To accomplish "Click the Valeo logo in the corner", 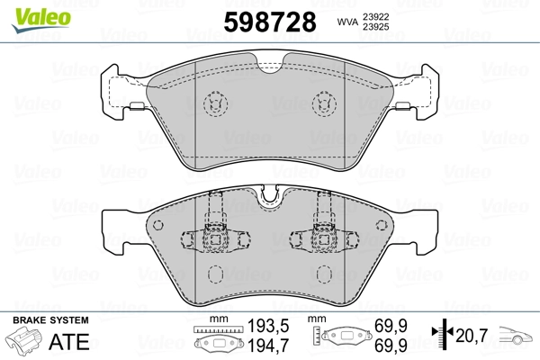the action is [x=41, y=20].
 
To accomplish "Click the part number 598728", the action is [x=270, y=22].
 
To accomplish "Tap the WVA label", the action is [x=347, y=22].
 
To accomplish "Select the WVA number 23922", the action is [x=375, y=16].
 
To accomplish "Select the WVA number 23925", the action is [x=375, y=27].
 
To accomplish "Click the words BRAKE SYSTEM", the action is [x=50, y=320].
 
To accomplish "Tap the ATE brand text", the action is [x=69, y=342].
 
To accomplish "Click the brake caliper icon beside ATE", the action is [x=23, y=340].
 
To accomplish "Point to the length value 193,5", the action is [x=268, y=326].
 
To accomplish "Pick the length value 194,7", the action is [x=268, y=346].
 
